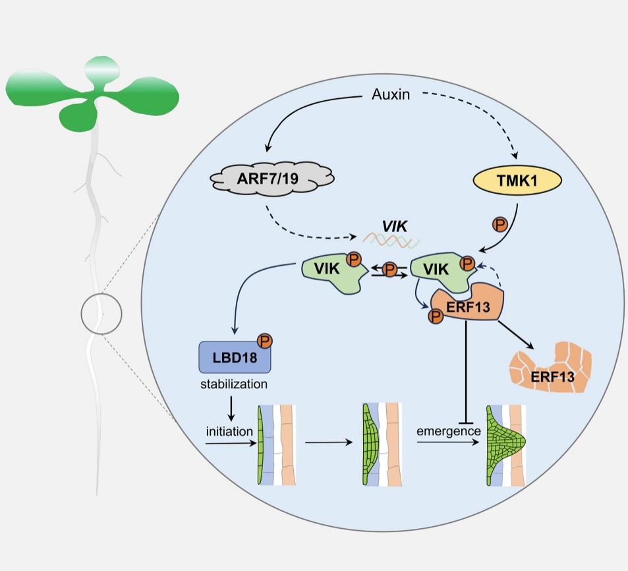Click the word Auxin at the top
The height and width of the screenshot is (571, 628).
pos(391,95)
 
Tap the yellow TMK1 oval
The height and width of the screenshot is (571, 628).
pos(518,182)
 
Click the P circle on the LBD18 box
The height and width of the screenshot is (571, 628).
pos(266,341)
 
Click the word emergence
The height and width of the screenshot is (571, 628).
pos(449,431)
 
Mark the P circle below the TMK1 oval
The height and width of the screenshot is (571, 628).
pos(501,224)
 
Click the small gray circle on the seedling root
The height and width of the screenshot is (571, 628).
pos(101,311)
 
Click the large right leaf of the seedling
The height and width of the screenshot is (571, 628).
pos(150,94)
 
